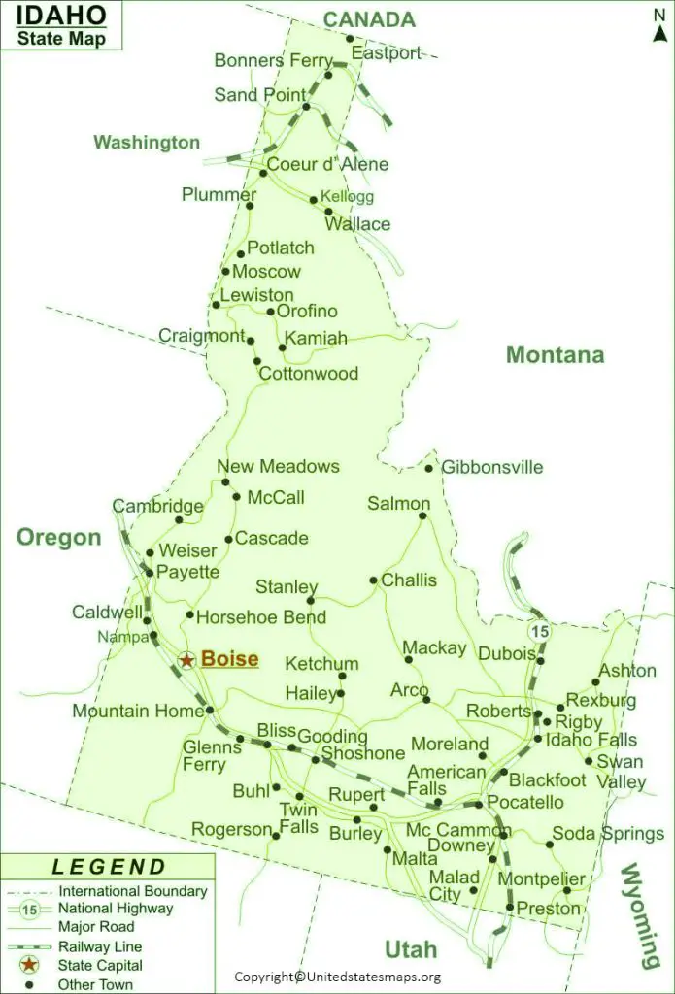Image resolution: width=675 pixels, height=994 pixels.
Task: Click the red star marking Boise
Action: pyautogui.click(x=186, y=660)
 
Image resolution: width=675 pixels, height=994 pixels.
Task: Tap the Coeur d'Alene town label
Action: pyautogui.click(x=327, y=164)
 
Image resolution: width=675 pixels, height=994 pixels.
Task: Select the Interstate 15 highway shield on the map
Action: pyautogui.click(x=539, y=631)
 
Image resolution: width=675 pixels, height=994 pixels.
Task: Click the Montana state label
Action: pyautogui.click(x=555, y=355)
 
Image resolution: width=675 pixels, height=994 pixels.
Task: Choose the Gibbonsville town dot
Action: pyautogui.click(x=429, y=468)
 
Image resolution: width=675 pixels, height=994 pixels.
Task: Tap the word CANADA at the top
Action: pyautogui.click(x=368, y=19)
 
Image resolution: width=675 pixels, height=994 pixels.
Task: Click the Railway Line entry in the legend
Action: pyautogui.click(x=100, y=946)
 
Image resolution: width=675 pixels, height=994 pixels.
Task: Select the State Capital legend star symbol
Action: pyautogui.click(x=30, y=965)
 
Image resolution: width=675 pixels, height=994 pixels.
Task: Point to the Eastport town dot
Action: pyautogui.click(x=351, y=39)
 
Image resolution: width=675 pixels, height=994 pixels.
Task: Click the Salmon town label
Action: pyautogui.click(x=398, y=503)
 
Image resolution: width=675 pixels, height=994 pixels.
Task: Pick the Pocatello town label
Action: pyautogui.click(x=524, y=802)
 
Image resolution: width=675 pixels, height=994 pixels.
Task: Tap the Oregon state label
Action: pyautogui.click(x=58, y=537)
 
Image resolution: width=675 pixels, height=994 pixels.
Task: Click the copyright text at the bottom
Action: pyautogui.click(x=337, y=977)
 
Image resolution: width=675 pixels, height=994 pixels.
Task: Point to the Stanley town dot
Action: pyautogui.click(x=311, y=601)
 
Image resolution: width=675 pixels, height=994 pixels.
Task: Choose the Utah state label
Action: pyautogui.click(x=410, y=948)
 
